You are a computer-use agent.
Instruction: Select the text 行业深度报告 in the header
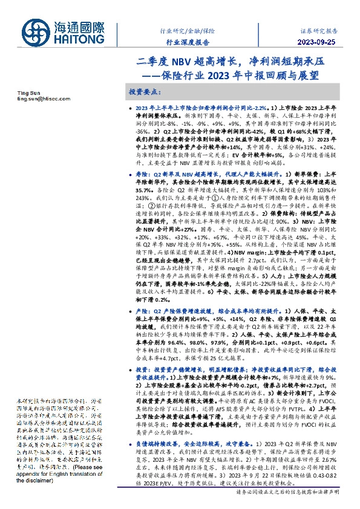pos(188,42)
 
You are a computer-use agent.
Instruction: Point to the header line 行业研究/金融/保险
pos(188,30)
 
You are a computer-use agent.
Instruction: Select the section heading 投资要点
pos(145,92)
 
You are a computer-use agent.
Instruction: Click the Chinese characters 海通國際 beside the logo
pos(80,27)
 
